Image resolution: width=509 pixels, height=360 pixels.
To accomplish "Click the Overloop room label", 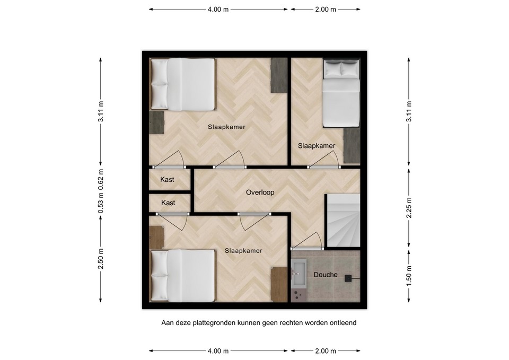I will click(260, 192).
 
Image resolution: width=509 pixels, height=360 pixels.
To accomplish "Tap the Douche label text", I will click(325, 275).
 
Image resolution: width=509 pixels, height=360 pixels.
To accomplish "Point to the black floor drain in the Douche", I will click(349, 278).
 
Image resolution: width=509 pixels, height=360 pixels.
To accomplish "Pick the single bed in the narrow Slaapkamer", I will click(341, 94).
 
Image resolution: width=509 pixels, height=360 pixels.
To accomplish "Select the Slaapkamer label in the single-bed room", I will click(316, 146).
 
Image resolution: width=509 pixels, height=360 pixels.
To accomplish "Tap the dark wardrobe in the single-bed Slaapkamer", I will click(351, 145).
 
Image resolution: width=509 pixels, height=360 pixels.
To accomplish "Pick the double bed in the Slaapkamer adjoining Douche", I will click(182, 276).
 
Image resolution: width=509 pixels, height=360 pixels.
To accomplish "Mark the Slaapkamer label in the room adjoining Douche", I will click(243, 251).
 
